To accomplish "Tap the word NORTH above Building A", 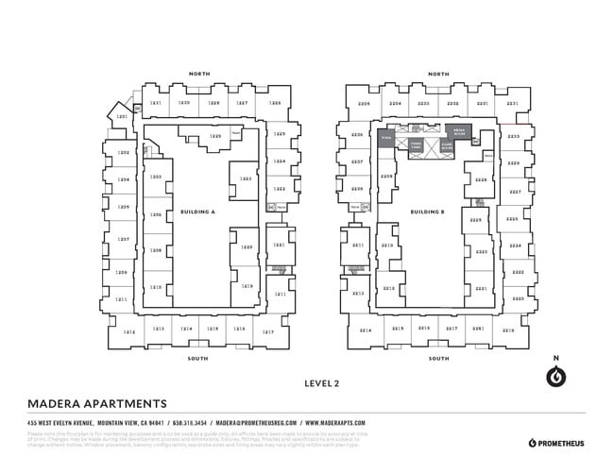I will (199, 74).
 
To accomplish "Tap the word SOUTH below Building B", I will (437, 359).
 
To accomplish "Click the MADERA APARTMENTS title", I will (97, 402).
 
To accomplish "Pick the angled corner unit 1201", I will (122, 117).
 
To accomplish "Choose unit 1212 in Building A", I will (129, 331).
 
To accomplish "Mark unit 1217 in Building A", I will (268, 331).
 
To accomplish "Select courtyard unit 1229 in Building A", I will (215, 136).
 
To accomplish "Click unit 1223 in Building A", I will (245, 178).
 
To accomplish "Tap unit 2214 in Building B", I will (365, 330).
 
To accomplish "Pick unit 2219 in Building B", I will (508, 330).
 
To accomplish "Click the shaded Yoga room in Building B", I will (385, 137).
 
